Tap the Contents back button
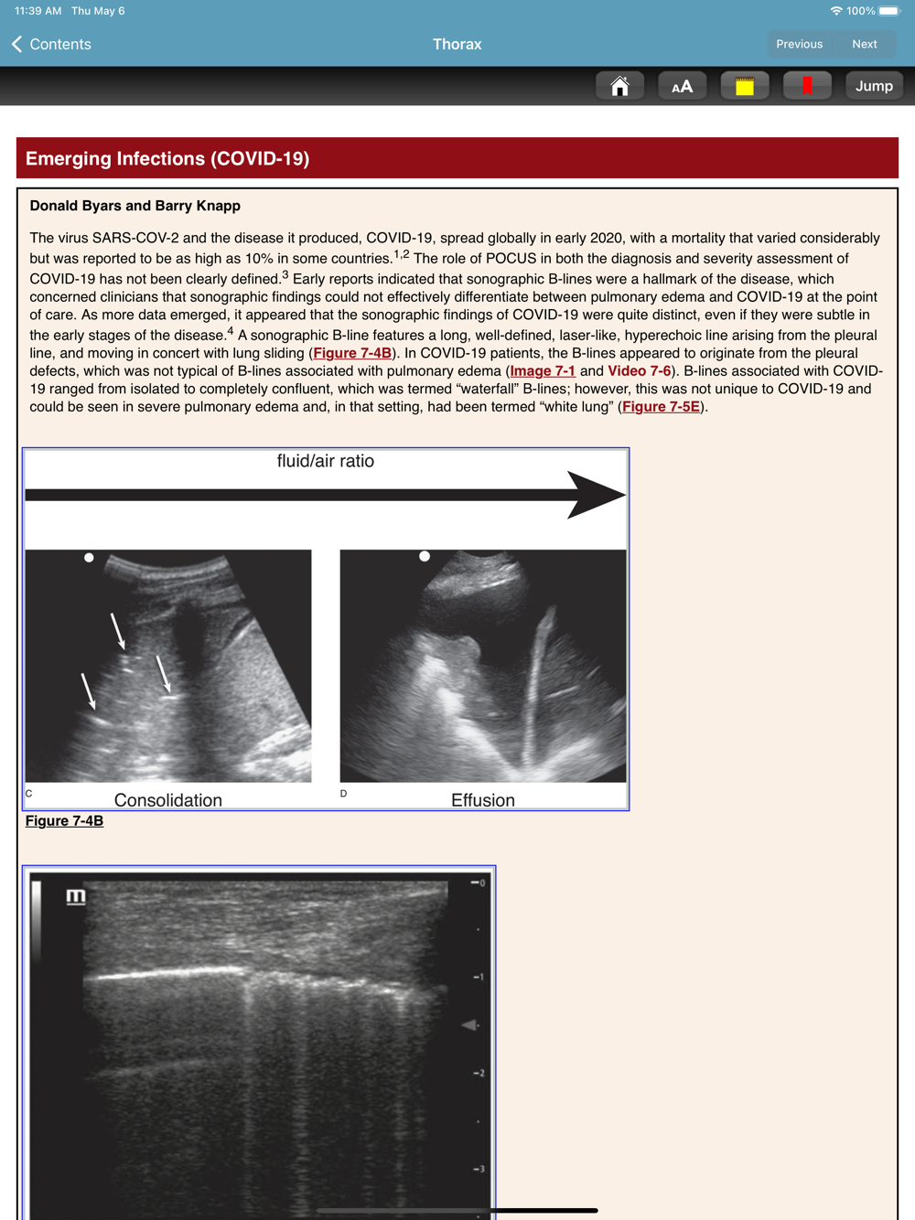pos(52,44)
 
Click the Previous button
pos(799,44)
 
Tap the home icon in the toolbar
pos(619,86)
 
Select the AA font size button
pos(682,86)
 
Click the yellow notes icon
pos(745,86)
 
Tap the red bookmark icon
pos(807,86)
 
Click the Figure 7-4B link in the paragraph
pos(352,353)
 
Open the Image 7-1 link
pos(543,371)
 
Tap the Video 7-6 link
pos(639,371)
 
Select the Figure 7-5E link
pos(661,407)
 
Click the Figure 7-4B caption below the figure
pos(64,821)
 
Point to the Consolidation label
pos(168,800)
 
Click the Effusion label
pos(483,800)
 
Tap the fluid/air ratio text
pos(326,461)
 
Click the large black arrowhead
pos(595,495)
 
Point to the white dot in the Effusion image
pos(425,556)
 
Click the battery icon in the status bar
pos(889,11)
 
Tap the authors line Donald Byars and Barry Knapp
pos(135,206)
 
